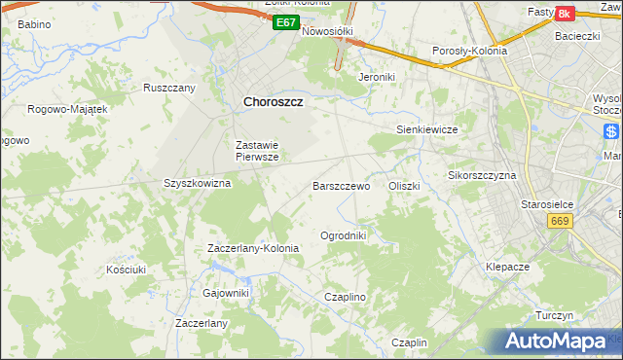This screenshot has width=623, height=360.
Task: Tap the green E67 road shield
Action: click(285, 21)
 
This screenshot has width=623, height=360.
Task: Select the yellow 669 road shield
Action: click(559, 222)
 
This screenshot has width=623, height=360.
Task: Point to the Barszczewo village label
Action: click(341, 185)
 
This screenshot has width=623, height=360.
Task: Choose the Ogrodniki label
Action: click(343, 235)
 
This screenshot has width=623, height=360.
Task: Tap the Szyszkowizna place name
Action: click(197, 183)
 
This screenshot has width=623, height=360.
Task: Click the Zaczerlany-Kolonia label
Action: click(253, 248)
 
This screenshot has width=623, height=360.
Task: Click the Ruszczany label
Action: click(169, 88)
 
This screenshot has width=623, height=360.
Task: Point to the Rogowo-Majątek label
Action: click(67, 109)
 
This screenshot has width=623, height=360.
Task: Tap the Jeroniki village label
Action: click(375, 76)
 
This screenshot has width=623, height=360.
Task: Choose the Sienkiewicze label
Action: click(427, 129)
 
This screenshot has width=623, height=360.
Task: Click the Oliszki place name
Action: click(403, 185)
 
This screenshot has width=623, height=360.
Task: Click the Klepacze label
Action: click(507, 266)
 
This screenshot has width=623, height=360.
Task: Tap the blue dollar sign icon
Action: click(611, 132)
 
